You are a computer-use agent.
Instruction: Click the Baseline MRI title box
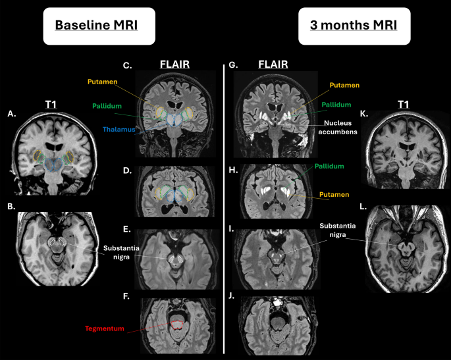point(99,26)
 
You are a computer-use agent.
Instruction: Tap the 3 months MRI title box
point(354,26)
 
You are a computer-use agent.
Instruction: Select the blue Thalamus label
point(119,130)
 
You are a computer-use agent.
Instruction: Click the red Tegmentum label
point(105,328)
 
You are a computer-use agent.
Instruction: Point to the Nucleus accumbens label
point(338,128)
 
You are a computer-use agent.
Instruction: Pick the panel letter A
point(11,114)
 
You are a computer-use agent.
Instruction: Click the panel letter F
point(126,296)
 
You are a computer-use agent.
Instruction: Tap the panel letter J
point(232,296)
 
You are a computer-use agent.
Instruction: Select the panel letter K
point(364,114)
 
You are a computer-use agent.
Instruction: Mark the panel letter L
point(363,207)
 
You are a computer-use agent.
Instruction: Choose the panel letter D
point(127,170)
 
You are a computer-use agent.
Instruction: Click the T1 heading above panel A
point(51,105)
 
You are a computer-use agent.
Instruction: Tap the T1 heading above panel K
point(403,105)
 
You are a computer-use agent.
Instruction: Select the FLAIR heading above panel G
point(273,64)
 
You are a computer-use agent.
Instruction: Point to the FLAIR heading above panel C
point(174,64)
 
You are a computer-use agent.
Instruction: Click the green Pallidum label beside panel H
point(329,167)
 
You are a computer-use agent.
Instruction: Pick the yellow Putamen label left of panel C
point(103,82)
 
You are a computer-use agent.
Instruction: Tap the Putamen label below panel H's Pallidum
point(334,195)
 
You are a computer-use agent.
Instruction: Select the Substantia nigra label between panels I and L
point(338,230)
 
